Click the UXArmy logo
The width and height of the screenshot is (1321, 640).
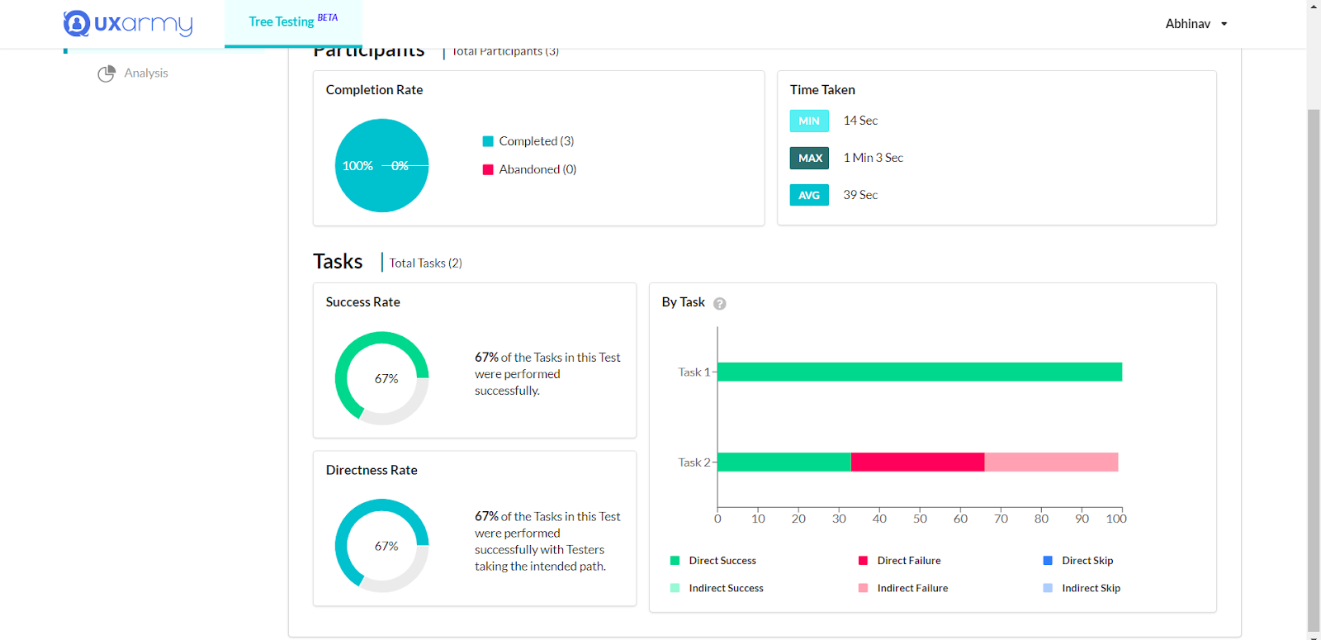point(128,23)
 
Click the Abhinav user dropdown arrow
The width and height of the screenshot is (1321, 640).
point(1224,24)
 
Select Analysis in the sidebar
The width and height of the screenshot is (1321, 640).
point(145,73)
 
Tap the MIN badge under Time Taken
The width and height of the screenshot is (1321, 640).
point(809,121)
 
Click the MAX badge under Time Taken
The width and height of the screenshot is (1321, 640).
point(809,158)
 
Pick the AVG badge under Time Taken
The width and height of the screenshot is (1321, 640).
point(809,195)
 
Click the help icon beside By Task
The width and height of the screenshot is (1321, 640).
point(720,304)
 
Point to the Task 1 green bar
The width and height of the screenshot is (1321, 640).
point(920,372)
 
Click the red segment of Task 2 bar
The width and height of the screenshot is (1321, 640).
point(917,462)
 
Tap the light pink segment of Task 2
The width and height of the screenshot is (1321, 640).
point(1051,462)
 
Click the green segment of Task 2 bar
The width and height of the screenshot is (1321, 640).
point(784,462)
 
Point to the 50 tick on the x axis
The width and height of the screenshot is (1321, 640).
point(920,519)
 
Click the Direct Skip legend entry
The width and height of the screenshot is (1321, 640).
point(1087,561)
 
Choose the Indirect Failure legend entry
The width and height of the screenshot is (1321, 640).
point(911,588)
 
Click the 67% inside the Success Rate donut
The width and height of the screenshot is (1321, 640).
point(386,379)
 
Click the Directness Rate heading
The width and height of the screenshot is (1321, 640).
point(372,470)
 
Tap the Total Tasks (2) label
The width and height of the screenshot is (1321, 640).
point(425,263)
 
